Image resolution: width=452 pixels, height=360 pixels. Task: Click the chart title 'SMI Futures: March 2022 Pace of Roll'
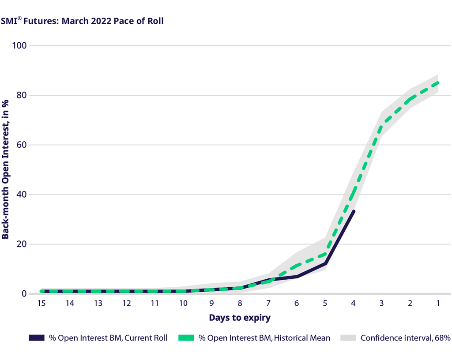pyautogui.click(x=83, y=21)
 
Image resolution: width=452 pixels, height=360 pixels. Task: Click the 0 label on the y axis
pyautogui.click(x=24, y=294)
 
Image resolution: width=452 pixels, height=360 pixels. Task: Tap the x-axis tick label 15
pyautogui.click(x=41, y=303)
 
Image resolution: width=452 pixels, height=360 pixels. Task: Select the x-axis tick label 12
pyautogui.click(x=126, y=303)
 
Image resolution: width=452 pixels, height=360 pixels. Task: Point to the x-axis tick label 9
pyautogui.click(x=211, y=303)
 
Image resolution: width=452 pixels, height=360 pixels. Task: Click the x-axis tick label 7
pyautogui.click(x=268, y=303)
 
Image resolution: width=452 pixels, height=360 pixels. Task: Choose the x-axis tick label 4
pyautogui.click(x=353, y=303)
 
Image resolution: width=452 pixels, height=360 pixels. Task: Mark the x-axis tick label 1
pyautogui.click(x=438, y=303)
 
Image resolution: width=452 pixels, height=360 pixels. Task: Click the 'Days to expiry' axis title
pyautogui.click(x=240, y=318)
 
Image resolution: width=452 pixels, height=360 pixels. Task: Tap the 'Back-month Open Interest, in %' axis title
pyautogui.click(x=6, y=169)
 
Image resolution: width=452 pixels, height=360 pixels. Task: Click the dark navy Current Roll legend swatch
pyautogui.click(x=37, y=338)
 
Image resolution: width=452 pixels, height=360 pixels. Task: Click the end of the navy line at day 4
pyautogui.click(x=354, y=211)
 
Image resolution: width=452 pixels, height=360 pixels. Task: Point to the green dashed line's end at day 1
pyautogui.click(x=438, y=82)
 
